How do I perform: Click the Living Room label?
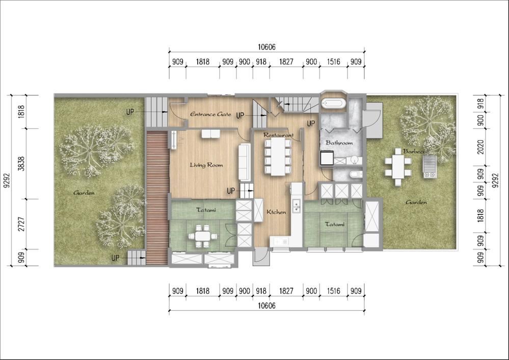(206, 165)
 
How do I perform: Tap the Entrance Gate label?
(210, 114)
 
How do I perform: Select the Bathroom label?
(339, 143)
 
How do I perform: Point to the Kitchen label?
(276, 212)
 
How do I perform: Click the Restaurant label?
(278, 135)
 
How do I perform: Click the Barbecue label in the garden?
(416, 151)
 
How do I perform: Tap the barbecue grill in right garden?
(430, 167)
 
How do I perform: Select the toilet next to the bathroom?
(356, 175)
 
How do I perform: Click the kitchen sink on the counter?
(296, 206)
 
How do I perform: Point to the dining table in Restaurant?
(278, 157)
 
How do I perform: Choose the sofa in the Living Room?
(245, 162)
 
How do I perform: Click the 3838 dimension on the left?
(21, 164)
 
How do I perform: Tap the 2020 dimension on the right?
(481, 147)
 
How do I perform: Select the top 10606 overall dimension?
(267, 47)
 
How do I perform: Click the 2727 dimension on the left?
(21, 224)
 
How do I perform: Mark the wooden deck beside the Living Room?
(157, 198)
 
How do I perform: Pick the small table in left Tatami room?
(203, 236)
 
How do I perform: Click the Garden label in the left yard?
(84, 192)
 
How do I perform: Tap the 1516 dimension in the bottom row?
(333, 291)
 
